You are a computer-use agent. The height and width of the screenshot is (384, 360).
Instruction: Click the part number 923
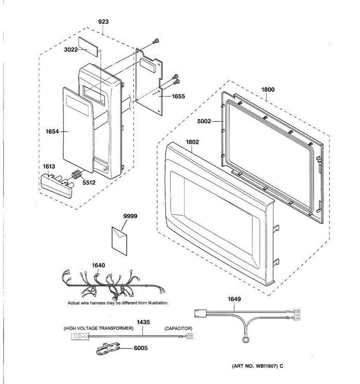(x=103, y=22)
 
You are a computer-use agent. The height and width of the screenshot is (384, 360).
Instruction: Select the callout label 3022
(x=71, y=50)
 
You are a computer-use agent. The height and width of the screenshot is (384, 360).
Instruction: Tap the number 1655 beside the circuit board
(x=178, y=96)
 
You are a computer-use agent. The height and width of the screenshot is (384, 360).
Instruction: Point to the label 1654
(x=52, y=131)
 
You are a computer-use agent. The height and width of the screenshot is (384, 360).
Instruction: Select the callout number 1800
(x=268, y=90)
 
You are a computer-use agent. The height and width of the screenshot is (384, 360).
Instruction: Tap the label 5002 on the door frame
(x=204, y=121)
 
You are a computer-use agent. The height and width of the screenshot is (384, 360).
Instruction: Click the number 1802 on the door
(x=192, y=142)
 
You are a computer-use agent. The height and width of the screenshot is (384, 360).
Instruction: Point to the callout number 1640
(x=98, y=265)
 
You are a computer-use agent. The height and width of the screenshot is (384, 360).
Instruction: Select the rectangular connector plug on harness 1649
(x=200, y=313)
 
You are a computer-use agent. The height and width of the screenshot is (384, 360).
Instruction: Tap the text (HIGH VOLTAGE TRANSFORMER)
(x=98, y=328)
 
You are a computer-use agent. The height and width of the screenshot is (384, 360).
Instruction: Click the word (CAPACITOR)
(x=178, y=328)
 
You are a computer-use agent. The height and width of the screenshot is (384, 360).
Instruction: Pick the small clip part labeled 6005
(x=108, y=348)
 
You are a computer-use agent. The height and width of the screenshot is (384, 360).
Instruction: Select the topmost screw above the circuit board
(x=156, y=41)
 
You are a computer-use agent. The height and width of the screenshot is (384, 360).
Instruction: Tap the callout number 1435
(x=143, y=322)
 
